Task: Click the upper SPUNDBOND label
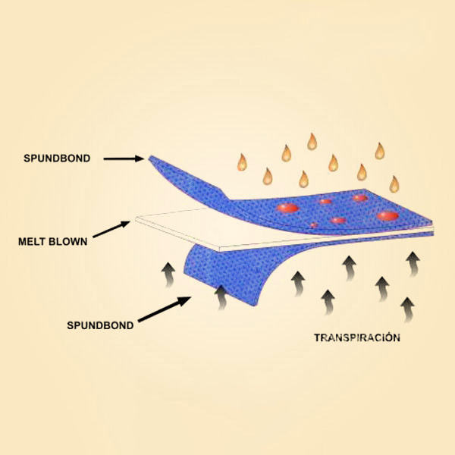coord(58,160)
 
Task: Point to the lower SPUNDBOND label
coord(101,325)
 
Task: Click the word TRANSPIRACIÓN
coord(356,337)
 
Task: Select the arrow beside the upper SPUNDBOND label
coord(123,159)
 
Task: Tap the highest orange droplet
coord(312,141)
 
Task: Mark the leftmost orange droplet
coord(242,162)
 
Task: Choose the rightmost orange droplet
coord(394,184)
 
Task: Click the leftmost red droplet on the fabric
coord(287,207)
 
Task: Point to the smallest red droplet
coord(313,225)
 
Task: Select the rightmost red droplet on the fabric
coord(388,216)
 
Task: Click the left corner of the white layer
coord(137,221)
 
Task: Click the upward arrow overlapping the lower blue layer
coord(222,297)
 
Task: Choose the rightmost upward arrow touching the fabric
coord(413,262)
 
